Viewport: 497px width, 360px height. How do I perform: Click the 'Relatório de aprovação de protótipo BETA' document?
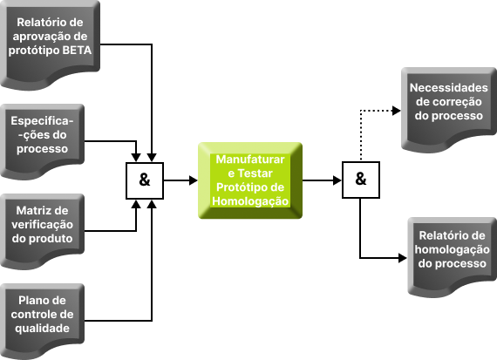[50, 44]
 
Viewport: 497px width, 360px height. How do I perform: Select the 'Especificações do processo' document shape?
[42, 141]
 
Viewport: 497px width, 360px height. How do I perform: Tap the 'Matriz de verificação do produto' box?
[42, 231]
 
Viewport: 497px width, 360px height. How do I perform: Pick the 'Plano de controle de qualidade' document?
[42, 321]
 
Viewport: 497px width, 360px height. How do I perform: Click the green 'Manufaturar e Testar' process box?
[250, 180]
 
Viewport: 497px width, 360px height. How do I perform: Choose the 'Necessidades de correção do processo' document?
[449, 109]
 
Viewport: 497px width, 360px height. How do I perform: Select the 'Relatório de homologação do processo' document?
[452, 256]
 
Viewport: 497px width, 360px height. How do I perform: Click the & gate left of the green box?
[145, 180]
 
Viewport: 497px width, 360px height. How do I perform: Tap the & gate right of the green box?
[361, 180]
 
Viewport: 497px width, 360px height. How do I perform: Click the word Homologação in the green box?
[250, 201]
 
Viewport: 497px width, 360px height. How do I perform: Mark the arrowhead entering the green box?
[194, 180]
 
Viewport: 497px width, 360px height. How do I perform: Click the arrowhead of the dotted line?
[397, 111]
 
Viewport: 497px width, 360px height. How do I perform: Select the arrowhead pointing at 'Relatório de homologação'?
[403, 258]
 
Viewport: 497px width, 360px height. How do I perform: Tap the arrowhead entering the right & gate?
[337, 180]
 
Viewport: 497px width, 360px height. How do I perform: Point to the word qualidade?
[42, 329]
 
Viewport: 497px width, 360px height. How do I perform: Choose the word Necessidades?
[449, 88]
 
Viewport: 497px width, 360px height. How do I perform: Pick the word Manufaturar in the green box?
[250, 160]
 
